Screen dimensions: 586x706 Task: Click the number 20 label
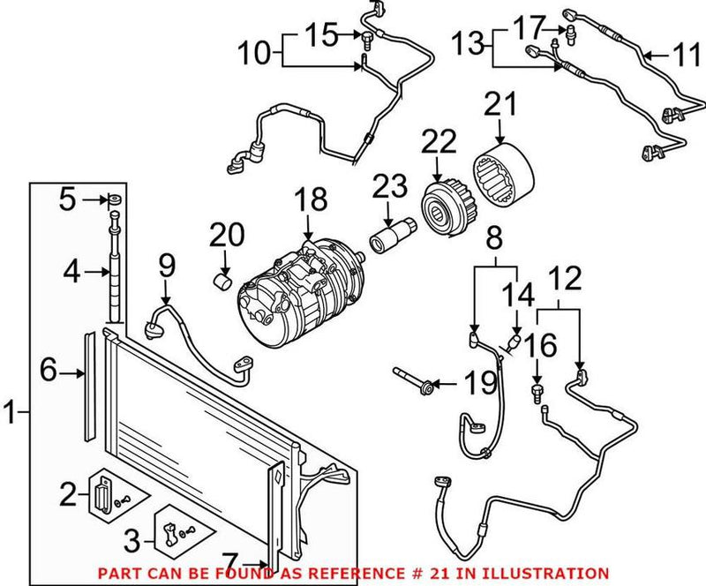pos(225,237)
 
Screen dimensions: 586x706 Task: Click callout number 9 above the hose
pos(167,264)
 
